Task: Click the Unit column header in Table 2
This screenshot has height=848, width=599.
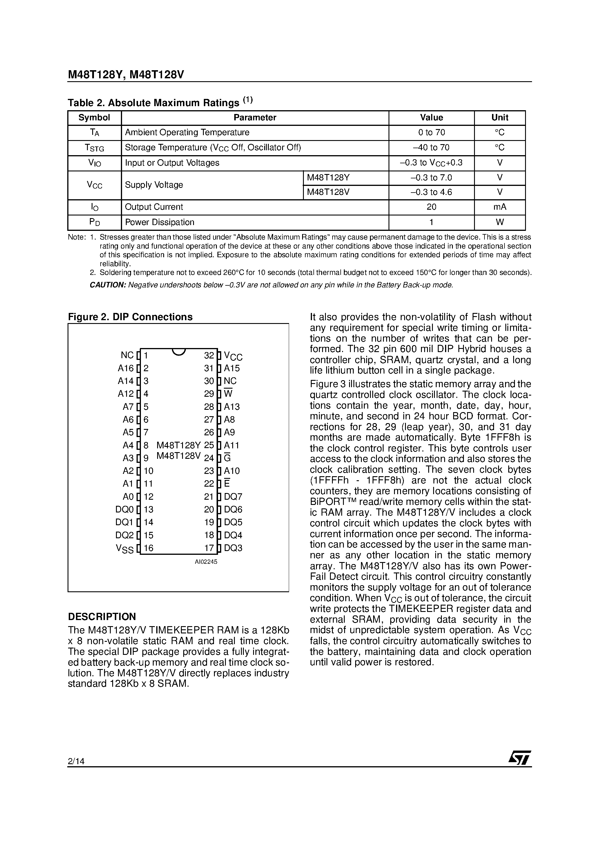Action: coord(499,117)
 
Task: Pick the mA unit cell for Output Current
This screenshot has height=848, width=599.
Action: coord(499,207)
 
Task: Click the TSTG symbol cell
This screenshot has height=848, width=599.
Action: coord(95,148)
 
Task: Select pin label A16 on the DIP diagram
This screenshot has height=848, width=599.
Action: coord(126,368)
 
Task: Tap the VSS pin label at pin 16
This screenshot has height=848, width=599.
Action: coord(125,548)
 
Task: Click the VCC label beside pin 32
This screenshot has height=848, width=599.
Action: coord(233,356)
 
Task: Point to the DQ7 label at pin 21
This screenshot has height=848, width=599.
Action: coord(233,497)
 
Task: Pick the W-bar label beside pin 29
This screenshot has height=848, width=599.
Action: coord(228,394)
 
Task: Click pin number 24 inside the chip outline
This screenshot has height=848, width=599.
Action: coord(209,458)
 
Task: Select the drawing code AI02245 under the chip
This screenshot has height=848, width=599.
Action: coord(206,562)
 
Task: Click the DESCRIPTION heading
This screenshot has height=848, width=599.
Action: coord(102,617)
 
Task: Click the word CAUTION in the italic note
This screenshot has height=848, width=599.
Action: coord(108,285)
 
